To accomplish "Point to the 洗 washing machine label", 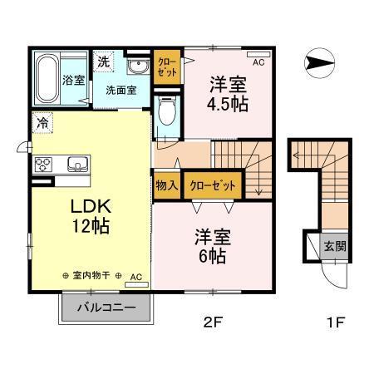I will [x=102, y=62].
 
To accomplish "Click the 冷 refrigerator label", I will [x=42, y=122].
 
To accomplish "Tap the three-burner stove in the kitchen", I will [x=42, y=164].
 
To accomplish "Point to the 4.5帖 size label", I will [x=227, y=105].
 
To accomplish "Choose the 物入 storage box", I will [x=166, y=185].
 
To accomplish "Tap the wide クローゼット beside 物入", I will [x=212, y=185].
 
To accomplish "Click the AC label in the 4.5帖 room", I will [x=258, y=63].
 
